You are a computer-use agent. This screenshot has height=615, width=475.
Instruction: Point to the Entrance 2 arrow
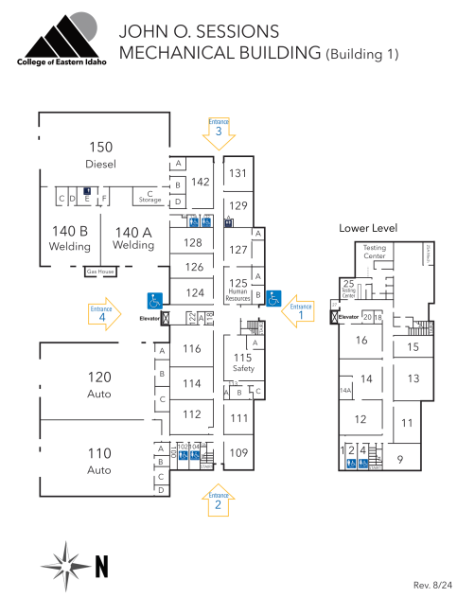coord(219,501)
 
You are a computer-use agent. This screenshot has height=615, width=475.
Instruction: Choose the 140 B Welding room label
coord(69,237)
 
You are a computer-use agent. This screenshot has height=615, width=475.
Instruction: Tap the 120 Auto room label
coord(99,383)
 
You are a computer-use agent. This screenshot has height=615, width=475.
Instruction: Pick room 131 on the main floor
coord(238,172)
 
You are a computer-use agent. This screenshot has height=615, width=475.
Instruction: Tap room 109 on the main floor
coord(238,452)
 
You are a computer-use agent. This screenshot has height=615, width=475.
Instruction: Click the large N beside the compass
coord(102,566)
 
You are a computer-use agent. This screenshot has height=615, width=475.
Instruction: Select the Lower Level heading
coord(368,228)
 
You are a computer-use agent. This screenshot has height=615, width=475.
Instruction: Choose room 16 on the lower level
coord(361,340)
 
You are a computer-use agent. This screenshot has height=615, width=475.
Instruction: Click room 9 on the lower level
coord(400,460)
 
